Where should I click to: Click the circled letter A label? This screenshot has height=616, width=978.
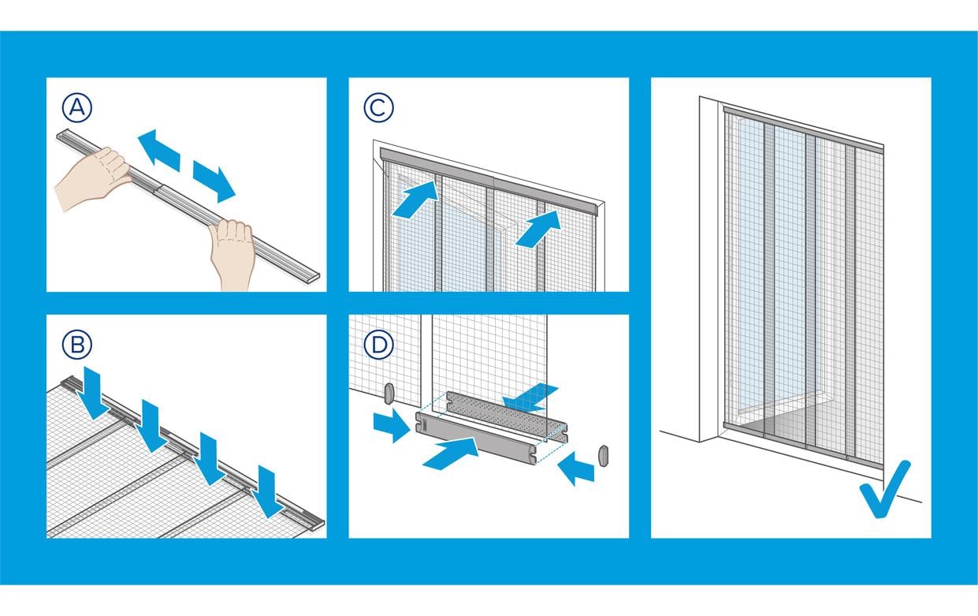pos(77,107)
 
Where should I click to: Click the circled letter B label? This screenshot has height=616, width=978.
pos(77,344)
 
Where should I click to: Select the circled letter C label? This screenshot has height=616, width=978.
pos(379,107)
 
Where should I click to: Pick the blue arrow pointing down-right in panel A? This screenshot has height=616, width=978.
pos(214,181)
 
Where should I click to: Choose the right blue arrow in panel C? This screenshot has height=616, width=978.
pos(539,226)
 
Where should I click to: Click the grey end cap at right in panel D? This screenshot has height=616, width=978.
pos(604,456)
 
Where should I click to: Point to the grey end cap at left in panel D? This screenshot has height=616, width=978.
pos(389,392)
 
